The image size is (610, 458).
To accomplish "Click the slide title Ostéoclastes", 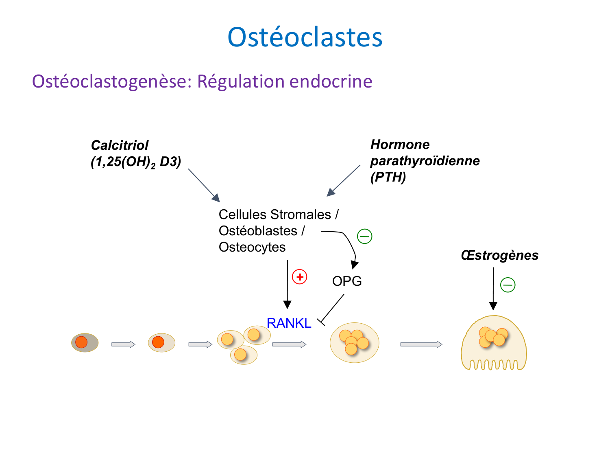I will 305,37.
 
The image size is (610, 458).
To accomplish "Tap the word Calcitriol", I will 120,145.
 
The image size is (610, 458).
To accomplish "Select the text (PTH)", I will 388,177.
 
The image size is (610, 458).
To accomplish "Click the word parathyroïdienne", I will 425,161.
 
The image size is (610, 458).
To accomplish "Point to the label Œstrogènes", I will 499,255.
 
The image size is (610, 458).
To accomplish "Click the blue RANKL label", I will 289,323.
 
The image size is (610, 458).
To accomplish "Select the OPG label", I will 347,281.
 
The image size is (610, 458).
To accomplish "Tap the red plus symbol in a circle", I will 300,277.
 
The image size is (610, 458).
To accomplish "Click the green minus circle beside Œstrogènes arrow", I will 508,285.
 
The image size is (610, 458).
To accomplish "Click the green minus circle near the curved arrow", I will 364,236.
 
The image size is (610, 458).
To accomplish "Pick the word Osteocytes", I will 252,247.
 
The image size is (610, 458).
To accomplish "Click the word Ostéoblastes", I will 258,231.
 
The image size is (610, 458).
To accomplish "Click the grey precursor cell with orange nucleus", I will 85,342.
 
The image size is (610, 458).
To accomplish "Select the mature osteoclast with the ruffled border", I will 494,344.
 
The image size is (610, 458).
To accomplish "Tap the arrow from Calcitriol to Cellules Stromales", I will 204,185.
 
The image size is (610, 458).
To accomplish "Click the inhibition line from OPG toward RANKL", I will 332,309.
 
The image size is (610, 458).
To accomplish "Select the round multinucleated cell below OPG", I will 354,343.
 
